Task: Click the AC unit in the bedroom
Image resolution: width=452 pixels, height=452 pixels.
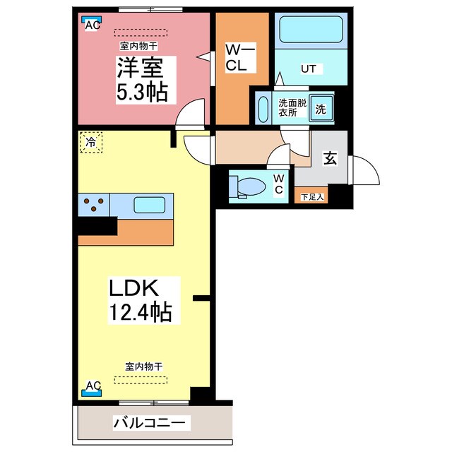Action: pos(91,24)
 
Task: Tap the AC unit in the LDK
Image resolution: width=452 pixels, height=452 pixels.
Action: pos(93,387)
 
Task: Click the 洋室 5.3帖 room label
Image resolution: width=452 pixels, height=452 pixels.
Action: pos(141,80)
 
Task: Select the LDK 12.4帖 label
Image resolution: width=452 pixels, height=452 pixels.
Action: pos(140,299)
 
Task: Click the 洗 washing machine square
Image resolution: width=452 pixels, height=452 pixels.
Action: pos(320,109)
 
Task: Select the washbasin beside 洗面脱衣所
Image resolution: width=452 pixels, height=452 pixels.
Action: pos(263,109)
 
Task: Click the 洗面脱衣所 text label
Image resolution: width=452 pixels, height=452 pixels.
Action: pos(288,107)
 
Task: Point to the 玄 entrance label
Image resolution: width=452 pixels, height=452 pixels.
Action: pos(330,159)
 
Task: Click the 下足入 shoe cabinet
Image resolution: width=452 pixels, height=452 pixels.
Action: pos(311,196)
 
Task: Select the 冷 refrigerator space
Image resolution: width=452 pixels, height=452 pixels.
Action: pos(91,143)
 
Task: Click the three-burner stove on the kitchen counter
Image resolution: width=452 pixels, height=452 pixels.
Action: pos(94,205)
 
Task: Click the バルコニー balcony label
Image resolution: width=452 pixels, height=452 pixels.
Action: pos(150,423)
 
